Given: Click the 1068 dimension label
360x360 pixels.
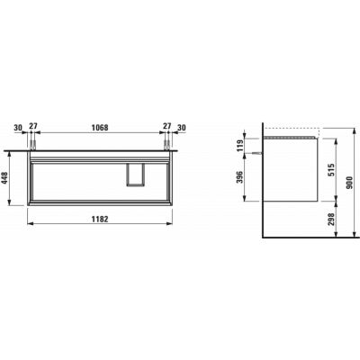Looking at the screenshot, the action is click(100, 128).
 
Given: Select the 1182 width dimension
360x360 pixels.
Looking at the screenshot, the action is click(100, 220).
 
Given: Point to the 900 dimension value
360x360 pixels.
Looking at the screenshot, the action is click(349, 183).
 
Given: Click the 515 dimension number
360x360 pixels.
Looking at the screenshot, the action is click(331, 170).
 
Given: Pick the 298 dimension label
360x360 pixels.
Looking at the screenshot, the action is click(331, 220).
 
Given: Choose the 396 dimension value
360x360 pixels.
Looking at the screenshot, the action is click(239, 178).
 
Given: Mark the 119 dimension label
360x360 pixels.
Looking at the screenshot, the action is click(239, 146).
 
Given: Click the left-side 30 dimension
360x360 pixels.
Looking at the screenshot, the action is click(18, 128).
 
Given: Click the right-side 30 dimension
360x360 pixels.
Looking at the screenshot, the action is click(182, 128).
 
